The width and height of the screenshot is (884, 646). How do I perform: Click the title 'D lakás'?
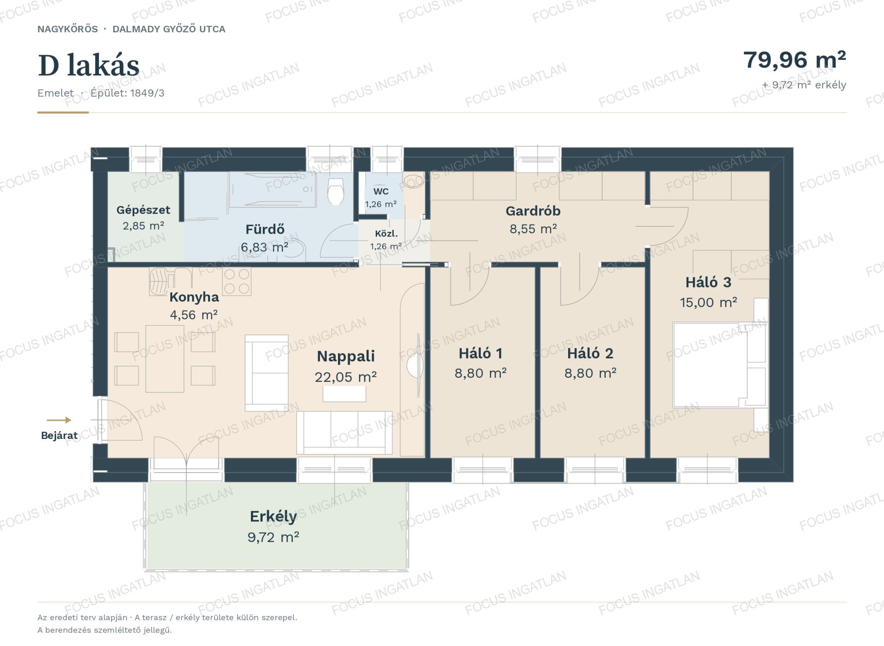point(88,65)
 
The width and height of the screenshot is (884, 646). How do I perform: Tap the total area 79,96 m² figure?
point(795,60)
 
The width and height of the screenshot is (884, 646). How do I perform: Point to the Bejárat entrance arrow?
point(59,420)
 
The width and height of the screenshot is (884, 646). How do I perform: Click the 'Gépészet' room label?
point(143,210)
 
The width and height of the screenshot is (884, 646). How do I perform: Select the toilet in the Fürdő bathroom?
point(336,191)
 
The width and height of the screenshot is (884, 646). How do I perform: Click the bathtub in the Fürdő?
point(273,189)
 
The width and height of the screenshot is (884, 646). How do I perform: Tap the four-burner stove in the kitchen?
point(237,281)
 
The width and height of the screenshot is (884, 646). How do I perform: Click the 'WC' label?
point(381,191)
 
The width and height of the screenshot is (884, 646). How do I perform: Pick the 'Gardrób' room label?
point(533,211)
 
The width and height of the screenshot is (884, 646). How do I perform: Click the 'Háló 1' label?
point(480,353)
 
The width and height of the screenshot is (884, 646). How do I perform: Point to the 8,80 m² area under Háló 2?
point(590,373)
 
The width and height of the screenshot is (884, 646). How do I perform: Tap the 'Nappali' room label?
point(346,356)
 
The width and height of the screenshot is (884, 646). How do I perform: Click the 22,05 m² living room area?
point(346,377)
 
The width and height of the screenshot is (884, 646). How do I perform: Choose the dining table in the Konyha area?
point(165,358)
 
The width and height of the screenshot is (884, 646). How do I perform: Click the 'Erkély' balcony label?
point(273,517)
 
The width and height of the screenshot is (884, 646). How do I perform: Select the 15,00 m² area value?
point(709,302)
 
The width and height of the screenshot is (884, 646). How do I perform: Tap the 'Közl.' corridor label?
point(386,234)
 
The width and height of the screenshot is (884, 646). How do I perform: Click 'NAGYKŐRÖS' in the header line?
point(68,29)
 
